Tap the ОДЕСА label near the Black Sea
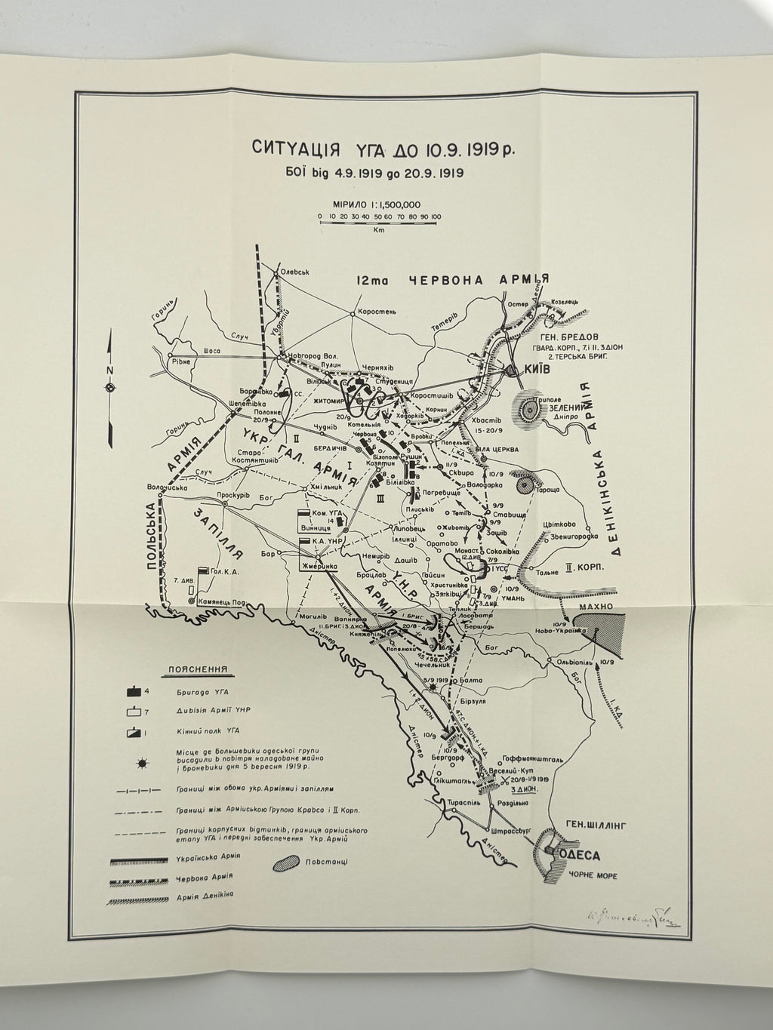pyautogui.click(x=580, y=856)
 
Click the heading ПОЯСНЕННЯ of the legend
pyautogui.click(x=200, y=669)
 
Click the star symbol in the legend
pyautogui.click(x=141, y=763)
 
